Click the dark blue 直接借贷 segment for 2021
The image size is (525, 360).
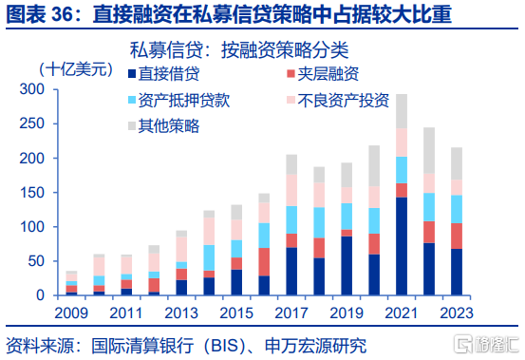click(402, 246)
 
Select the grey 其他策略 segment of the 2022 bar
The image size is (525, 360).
click(429, 150)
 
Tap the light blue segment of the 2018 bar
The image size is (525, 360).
click(319, 222)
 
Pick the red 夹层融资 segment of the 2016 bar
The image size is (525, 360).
click(264, 262)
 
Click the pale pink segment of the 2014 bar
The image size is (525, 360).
click(209, 232)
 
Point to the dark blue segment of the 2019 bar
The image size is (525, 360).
click(347, 266)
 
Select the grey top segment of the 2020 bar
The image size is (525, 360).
click(374, 166)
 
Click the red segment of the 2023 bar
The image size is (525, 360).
click(457, 237)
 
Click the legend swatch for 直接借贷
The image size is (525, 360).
click(132, 74)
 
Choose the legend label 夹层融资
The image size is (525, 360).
click(328, 74)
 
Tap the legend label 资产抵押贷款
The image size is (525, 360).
click(184, 100)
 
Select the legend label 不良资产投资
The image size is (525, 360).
click(343, 100)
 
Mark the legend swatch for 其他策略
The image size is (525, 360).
click(132, 126)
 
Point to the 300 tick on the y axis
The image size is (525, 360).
click(32, 89)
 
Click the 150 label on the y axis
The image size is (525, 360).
click(32, 193)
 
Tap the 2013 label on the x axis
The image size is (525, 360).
click(181, 313)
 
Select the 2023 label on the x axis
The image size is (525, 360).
click(457, 313)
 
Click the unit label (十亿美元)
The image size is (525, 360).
click(76, 69)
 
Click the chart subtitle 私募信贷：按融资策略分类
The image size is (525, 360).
click(239, 50)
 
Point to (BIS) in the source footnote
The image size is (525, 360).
click(225, 346)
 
